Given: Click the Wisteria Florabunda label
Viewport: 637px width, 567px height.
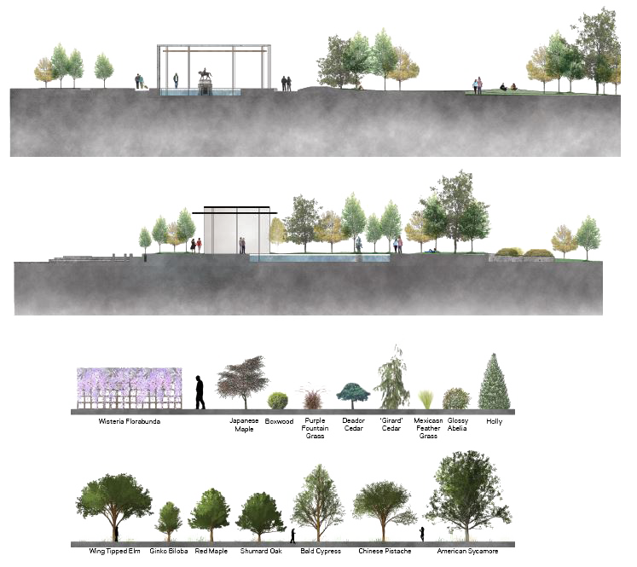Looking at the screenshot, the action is (x=129, y=421).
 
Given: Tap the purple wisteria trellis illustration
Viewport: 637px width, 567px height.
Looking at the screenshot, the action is (x=129, y=389).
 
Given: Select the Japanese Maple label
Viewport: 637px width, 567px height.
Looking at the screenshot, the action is (x=243, y=425).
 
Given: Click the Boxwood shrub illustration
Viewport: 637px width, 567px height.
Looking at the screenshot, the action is (x=277, y=400).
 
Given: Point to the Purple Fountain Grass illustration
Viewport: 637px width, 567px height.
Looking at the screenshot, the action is (x=314, y=397).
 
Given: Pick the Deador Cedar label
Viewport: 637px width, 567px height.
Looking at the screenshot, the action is (x=353, y=425).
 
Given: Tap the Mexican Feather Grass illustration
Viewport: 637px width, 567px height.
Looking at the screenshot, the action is (x=427, y=399).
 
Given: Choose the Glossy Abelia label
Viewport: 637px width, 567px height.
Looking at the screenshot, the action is (x=457, y=425).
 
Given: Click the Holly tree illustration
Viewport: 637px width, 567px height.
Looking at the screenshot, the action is (x=494, y=384).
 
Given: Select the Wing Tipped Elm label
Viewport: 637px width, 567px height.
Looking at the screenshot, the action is (x=113, y=552).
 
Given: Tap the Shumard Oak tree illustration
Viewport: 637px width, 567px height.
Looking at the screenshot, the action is (x=260, y=515).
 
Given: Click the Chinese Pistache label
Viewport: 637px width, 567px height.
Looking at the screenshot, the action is (x=385, y=552).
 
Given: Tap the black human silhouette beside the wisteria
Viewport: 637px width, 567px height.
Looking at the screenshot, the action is (x=200, y=392).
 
